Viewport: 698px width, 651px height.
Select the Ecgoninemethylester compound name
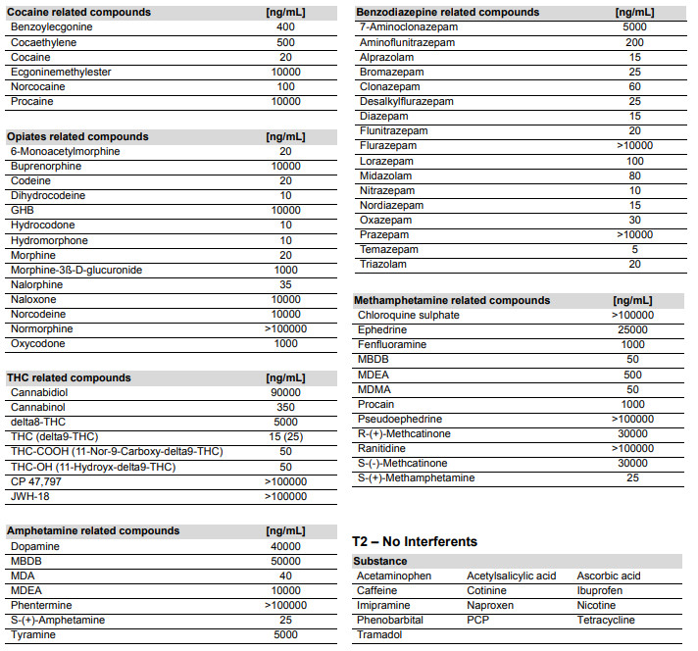coord(61,72)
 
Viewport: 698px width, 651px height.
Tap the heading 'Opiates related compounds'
coord(77,136)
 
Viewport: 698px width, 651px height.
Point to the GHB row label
coord(22,211)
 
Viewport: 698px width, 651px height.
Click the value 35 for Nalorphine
coord(285,284)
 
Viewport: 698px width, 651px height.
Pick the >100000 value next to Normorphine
coord(285,329)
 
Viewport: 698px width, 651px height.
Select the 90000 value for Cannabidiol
coord(285,392)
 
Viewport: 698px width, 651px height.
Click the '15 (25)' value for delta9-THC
coord(285,436)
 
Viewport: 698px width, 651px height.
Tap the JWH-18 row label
coord(31,496)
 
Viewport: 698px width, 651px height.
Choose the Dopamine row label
coord(35,546)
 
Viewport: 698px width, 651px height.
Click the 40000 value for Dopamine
coord(285,546)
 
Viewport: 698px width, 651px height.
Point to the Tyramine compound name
coord(33,634)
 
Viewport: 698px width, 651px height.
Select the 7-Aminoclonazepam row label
coord(409,27)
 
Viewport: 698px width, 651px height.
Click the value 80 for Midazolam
coord(635,175)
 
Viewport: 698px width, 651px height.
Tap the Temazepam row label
coord(388,249)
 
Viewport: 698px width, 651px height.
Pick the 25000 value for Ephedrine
coord(635,329)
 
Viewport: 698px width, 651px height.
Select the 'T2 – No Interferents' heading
coord(415,541)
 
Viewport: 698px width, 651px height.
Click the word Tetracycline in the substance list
coord(606,620)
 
